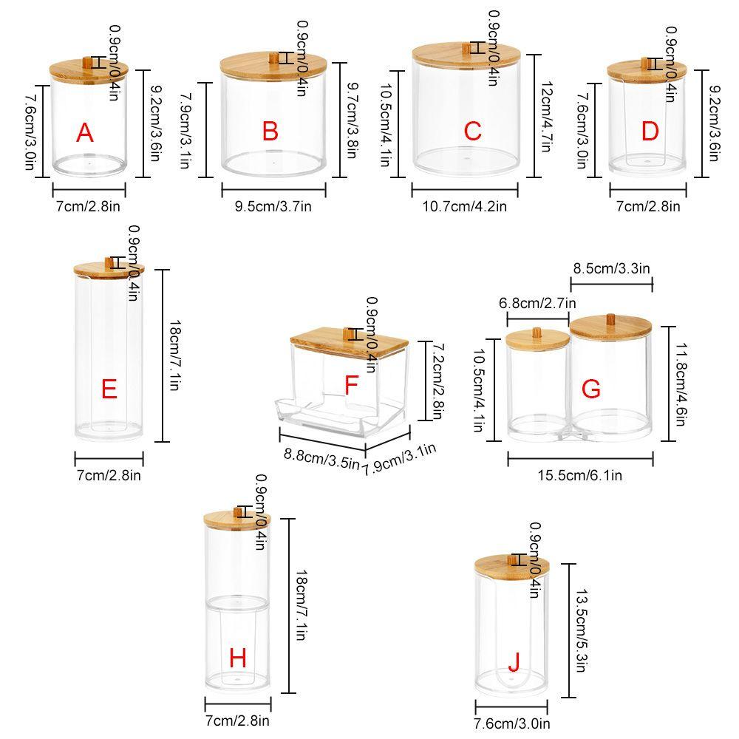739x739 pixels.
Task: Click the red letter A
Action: pyautogui.click(x=85, y=133)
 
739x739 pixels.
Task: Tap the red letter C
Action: pyautogui.click(x=473, y=132)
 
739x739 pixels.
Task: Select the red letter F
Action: pyautogui.click(x=352, y=385)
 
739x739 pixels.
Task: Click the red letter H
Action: pyautogui.click(x=237, y=657)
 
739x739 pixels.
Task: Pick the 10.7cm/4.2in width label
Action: pyautogui.click(x=464, y=206)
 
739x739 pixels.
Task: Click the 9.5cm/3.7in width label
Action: pyautogui.click(x=273, y=206)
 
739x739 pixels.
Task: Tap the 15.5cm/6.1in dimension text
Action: pyautogui.click(x=579, y=475)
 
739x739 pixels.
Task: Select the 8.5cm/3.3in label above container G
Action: pyautogui.click(x=611, y=268)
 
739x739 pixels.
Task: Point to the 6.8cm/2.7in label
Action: pyautogui.click(x=538, y=302)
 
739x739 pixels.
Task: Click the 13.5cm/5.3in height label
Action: pyautogui.click(x=580, y=630)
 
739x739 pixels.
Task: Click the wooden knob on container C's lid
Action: pyautogui.click(x=466, y=48)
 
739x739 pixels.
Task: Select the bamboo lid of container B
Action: pyautogui.click(x=273, y=66)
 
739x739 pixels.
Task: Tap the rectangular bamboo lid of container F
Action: pyautogui.click(x=351, y=341)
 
